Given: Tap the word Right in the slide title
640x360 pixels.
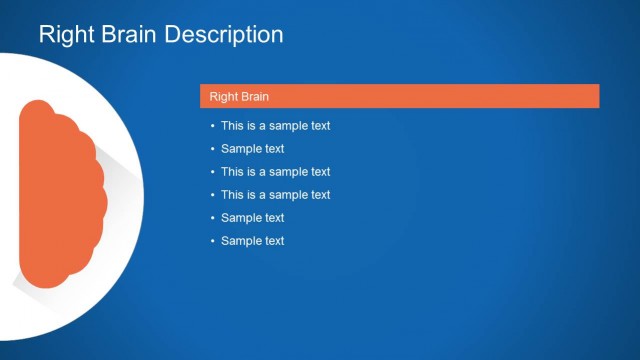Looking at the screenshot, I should (x=65, y=35).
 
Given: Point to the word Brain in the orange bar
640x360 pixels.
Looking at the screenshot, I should (x=256, y=97).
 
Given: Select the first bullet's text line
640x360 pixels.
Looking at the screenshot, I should (x=275, y=126).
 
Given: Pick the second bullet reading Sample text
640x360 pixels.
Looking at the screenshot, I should (x=252, y=149).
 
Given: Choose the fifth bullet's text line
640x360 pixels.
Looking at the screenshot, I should (x=252, y=218).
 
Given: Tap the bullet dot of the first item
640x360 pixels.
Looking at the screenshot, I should (x=212, y=126).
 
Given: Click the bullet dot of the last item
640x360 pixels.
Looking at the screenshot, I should (x=212, y=241).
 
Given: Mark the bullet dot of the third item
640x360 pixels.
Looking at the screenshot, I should (x=212, y=172).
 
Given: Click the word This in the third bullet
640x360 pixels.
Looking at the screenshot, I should (x=232, y=172).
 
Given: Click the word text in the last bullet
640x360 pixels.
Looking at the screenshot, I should (x=273, y=241).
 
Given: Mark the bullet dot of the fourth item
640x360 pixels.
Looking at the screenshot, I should (x=212, y=195).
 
